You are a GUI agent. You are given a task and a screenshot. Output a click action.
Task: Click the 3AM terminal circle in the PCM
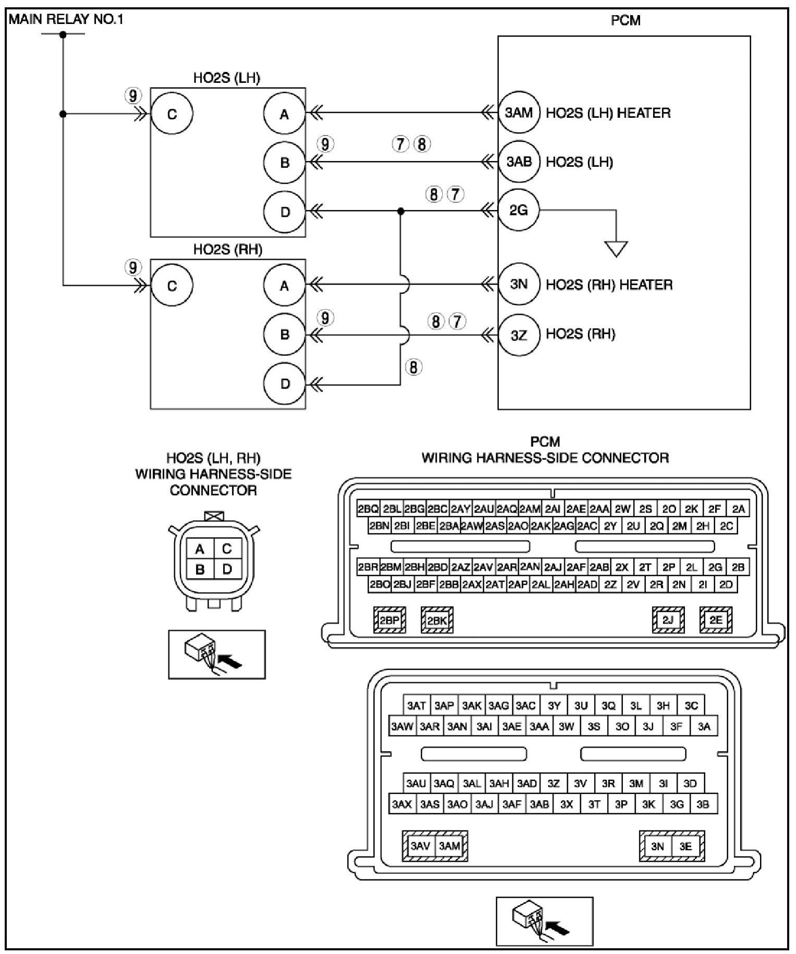518,113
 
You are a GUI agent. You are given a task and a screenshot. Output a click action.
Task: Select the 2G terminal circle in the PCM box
518,211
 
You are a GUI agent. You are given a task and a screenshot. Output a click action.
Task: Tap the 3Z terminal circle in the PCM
518,335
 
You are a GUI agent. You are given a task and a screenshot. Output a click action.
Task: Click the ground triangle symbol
616,249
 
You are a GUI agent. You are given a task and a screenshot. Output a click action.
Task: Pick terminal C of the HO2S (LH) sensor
172,114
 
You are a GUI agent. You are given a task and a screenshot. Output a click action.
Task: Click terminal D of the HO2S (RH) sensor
284,384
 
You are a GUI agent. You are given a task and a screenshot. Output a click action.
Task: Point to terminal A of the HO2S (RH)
284,286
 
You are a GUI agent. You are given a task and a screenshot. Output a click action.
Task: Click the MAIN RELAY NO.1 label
66,20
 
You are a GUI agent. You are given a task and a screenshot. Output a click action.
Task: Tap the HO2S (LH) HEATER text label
608,113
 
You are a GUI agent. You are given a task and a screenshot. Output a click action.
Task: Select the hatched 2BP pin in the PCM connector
390,620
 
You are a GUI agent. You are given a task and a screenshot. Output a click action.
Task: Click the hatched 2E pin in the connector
716,620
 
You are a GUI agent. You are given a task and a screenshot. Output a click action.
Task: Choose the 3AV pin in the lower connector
419,846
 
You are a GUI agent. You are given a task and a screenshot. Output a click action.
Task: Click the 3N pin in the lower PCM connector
657,846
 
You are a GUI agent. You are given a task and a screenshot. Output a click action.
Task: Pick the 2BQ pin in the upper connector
368,509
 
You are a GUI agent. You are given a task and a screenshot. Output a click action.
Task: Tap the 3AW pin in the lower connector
402,726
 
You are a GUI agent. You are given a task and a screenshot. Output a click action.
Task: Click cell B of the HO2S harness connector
200,570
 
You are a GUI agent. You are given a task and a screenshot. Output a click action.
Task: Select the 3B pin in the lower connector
703,804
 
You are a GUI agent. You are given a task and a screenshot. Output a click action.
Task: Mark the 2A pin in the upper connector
738,509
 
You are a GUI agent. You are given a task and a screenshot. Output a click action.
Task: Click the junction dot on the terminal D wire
401,211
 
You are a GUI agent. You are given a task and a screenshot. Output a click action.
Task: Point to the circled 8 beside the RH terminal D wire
414,368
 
